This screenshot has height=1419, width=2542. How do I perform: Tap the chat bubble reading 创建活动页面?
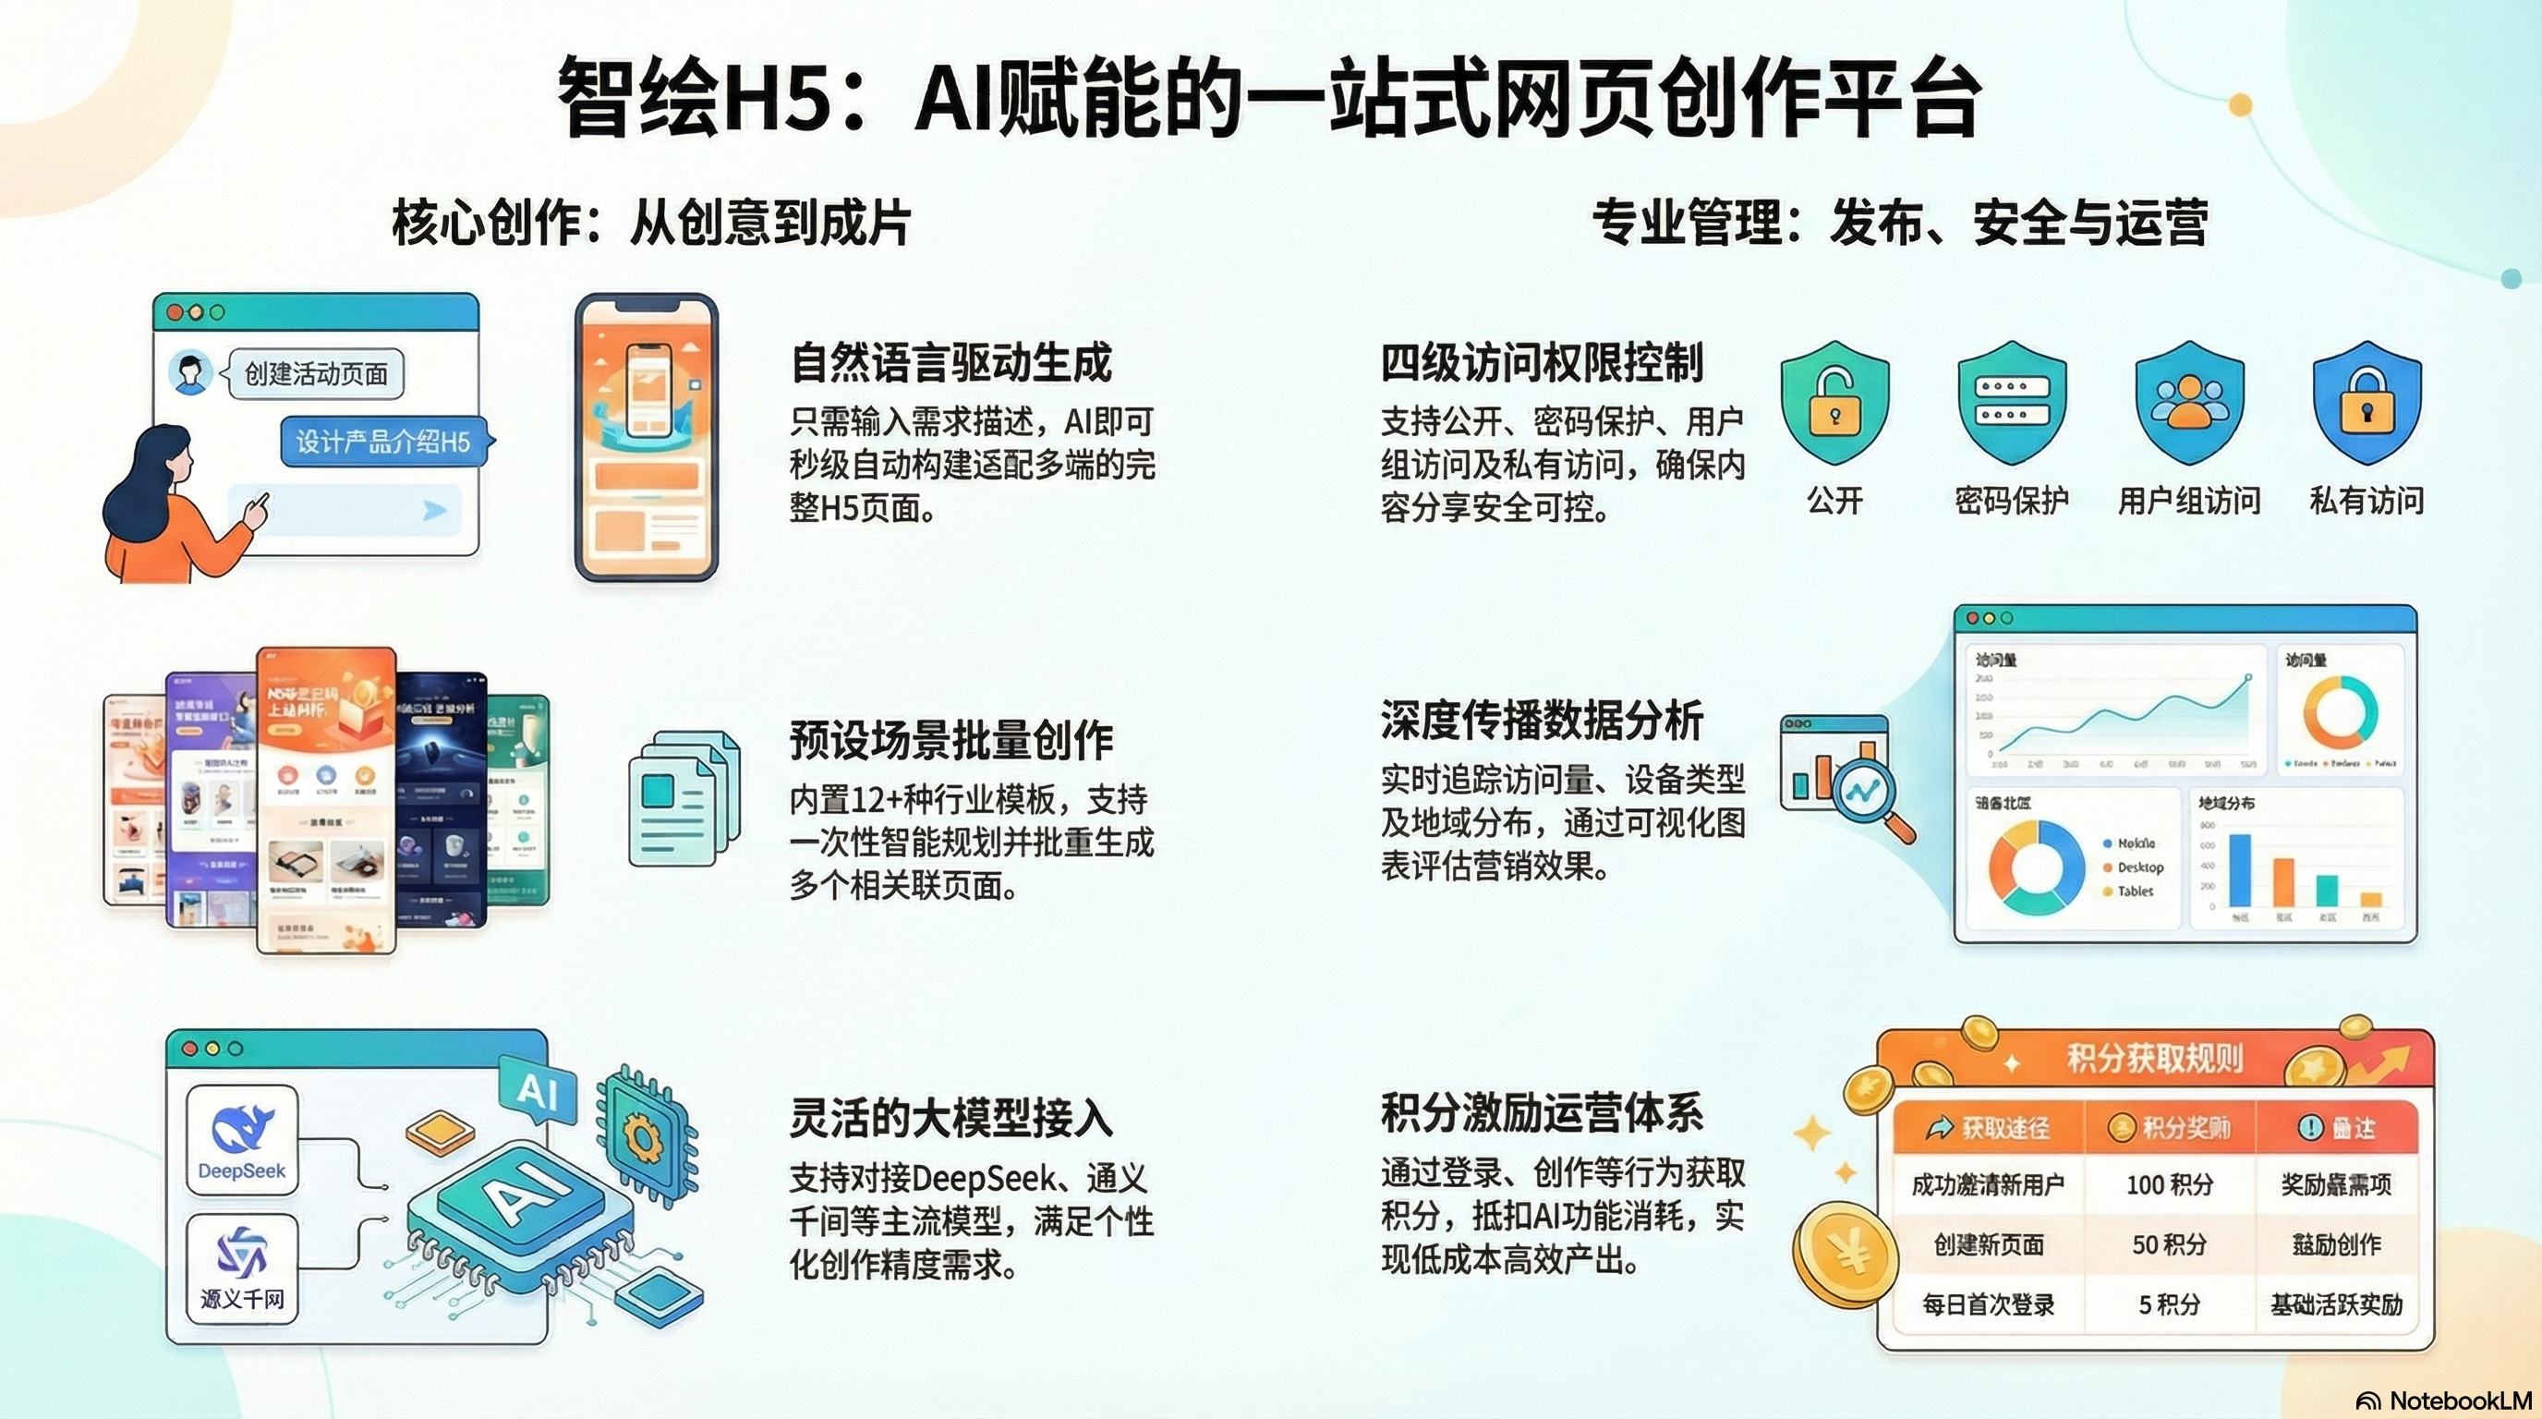pos(316,374)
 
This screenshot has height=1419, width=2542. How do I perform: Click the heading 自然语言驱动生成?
pos(951,363)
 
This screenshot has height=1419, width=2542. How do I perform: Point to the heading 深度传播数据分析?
pos(1542,721)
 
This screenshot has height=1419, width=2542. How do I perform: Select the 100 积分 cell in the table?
pos(2169,1184)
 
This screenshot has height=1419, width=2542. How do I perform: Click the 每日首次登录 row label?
pos(1988,1304)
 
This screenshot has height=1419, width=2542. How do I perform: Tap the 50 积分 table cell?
pos(2169,1244)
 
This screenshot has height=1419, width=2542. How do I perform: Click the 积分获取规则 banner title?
pos(2154,1059)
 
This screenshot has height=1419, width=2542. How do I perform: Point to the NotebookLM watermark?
pos(2444,1401)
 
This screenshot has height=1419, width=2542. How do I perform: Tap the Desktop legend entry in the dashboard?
pos(2139,867)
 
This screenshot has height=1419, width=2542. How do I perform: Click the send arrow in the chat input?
pos(434,510)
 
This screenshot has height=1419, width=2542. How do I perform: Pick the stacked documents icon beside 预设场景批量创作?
pos(684,797)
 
